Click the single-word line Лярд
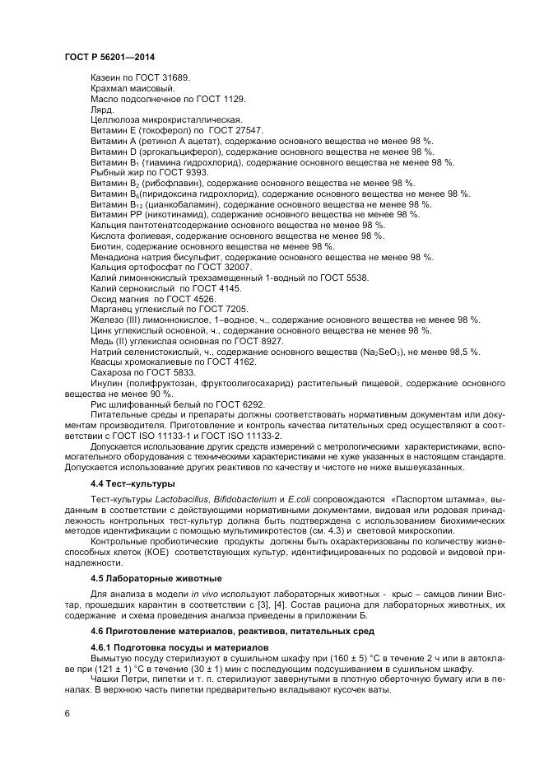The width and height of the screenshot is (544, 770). click(x=102, y=109)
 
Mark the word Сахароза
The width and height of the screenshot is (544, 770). click(x=111, y=373)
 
